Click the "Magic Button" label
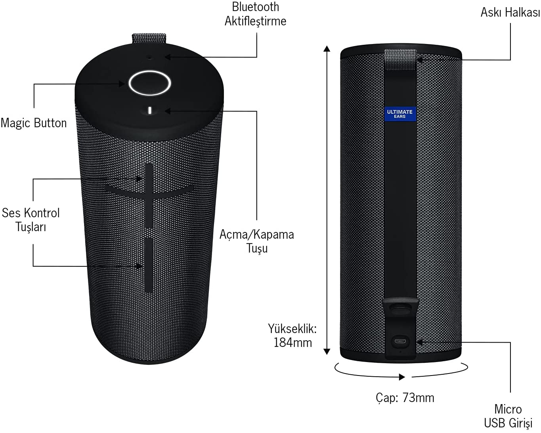pyautogui.click(x=34, y=123)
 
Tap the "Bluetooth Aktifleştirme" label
pyautogui.click(x=255, y=14)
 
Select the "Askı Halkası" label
pyautogui.click(x=510, y=12)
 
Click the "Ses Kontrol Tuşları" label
pyautogui.click(x=31, y=220)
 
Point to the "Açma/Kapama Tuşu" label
pyautogui.click(x=257, y=241)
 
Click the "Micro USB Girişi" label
pyautogui.click(x=508, y=416)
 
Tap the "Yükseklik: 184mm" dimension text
pyautogui.click(x=292, y=335)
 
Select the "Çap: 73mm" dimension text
pyautogui.click(x=405, y=398)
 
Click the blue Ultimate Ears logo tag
pyautogui.click(x=400, y=114)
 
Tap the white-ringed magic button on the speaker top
pyautogui.click(x=149, y=83)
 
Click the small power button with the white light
pyautogui.click(x=149, y=110)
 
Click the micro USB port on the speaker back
pyautogui.click(x=400, y=342)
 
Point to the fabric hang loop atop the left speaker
pyautogui.click(x=149, y=38)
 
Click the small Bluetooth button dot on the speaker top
pyautogui.click(x=149, y=58)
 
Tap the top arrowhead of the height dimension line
pyautogui.click(x=327, y=48)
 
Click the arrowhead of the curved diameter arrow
pyautogui.click(x=402, y=377)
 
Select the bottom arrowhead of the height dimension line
pyautogui.click(x=327, y=352)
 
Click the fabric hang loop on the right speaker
pyautogui.click(x=400, y=60)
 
